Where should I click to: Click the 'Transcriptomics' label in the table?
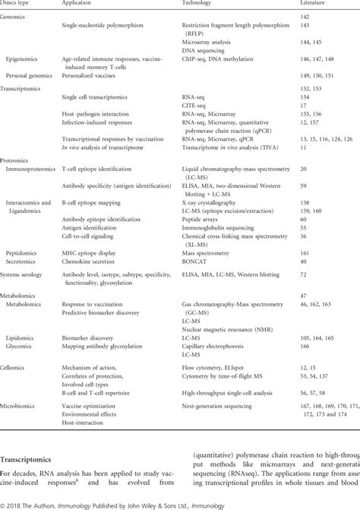[23, 89]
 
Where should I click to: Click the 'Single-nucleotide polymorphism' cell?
[103, 25]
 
